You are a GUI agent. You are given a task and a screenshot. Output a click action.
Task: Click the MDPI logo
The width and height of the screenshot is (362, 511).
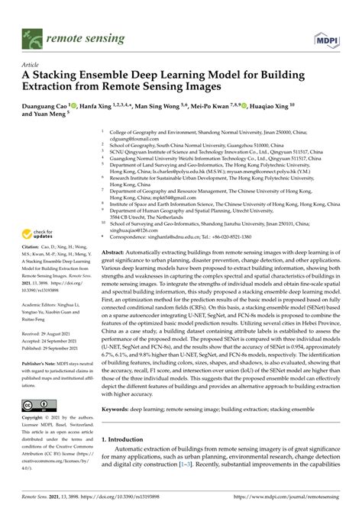click(x=328, y=35)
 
